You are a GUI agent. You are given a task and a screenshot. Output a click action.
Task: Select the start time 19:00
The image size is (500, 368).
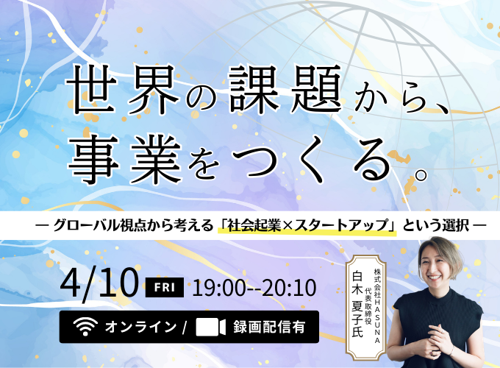(x=218, y=286)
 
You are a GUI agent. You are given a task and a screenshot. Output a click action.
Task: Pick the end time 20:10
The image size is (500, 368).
(x=288, y=286)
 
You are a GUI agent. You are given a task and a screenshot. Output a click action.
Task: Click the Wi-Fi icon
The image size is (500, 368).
(x=86, y=326)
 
